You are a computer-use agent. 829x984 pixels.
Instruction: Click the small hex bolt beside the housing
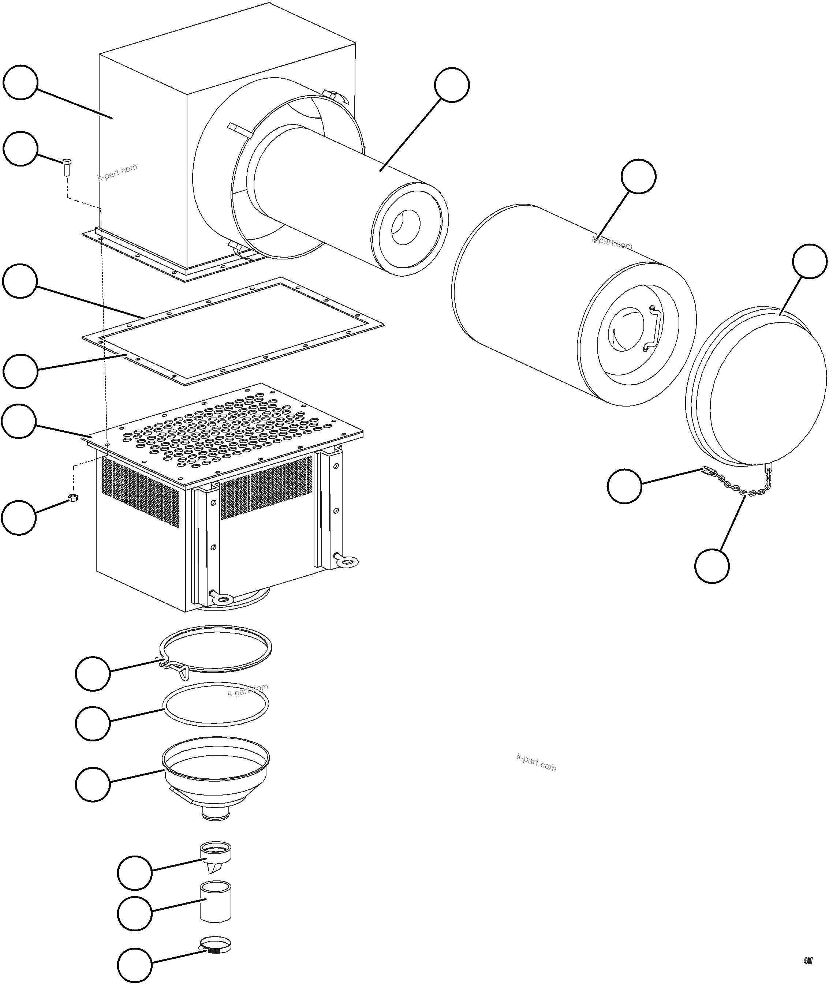pos(66,167)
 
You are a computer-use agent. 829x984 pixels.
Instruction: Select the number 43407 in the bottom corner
pos(807,961)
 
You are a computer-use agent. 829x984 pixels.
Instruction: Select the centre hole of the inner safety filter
pos(405,228)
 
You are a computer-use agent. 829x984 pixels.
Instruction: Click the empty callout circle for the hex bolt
pos(20,149)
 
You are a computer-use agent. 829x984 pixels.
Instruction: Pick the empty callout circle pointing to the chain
pos(712,566)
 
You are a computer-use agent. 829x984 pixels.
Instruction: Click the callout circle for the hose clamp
pos(134,966)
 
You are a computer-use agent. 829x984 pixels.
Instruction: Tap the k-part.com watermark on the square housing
pos(117,172)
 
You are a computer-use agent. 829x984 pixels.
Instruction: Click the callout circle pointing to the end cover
pos(809,261)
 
